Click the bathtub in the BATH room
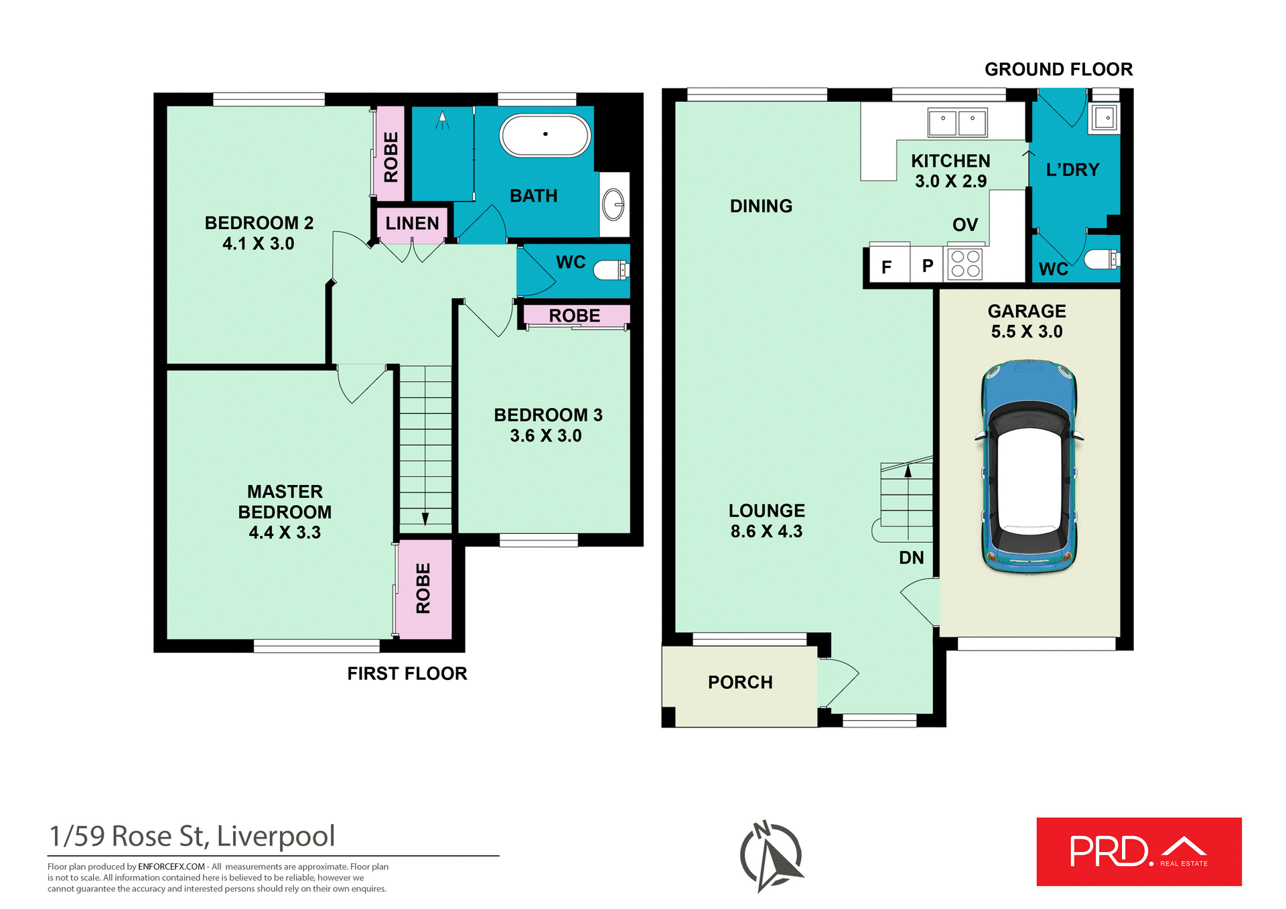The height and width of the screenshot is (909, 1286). (545, 135)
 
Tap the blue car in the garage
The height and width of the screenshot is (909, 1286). (1029, 467)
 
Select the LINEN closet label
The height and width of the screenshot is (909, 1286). (412, 223)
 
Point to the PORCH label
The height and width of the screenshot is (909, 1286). (740, 682)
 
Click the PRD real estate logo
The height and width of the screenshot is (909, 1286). (1139, 851)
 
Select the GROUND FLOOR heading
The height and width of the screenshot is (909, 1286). (1058, 69)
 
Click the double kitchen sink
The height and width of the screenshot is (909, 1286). (957, 123)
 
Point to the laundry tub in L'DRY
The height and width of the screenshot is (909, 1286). (1103, 119)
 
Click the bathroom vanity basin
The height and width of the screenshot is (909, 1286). (614, 204)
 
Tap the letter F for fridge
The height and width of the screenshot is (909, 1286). (886, 267)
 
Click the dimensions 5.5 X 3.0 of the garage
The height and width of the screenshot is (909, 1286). (1026, 332)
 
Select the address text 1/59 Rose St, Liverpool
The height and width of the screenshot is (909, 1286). (192, 836)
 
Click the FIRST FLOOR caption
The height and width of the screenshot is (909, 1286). (407, 673)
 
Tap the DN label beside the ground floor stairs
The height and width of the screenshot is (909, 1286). (911, 557)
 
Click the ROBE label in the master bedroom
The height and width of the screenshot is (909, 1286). (423, 588)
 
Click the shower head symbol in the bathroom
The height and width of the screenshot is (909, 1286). (442, 121)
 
